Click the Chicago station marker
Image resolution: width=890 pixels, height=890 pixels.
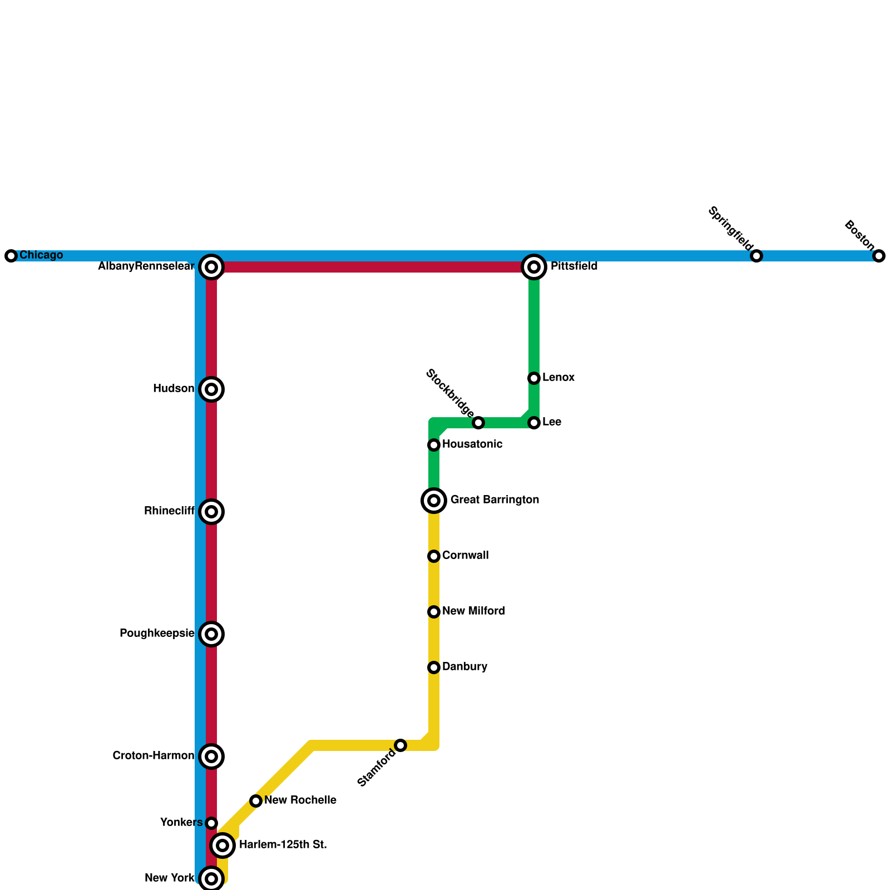point(11,256)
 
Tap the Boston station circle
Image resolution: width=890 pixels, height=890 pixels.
point(879,256)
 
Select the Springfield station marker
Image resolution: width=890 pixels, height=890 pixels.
point(756,256)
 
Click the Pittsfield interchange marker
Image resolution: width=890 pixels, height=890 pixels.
point(534,267)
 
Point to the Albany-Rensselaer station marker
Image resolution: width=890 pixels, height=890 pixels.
point(211,267)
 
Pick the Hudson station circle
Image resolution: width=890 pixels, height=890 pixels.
point(211,389)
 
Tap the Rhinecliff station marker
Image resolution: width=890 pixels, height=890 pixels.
point(211,512)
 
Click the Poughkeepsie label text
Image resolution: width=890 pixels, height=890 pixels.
point(157,634)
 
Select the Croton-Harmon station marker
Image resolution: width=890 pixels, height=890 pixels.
point(211,756)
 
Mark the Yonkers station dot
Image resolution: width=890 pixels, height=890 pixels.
point(211,823)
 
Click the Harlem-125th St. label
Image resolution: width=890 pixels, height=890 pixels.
point(283,845)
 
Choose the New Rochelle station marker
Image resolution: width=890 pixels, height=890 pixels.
point(256,801)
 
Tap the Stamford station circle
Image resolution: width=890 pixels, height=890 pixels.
point(400,745)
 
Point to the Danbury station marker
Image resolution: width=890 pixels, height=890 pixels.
point(434,667)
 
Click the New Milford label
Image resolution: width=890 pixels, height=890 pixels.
point(473,611)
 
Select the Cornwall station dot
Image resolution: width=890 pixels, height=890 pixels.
point(434,556)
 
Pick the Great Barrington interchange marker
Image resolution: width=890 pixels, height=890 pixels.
point(434,501)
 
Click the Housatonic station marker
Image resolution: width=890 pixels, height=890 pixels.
point(434,445)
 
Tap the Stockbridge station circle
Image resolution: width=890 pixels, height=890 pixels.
point(478,423)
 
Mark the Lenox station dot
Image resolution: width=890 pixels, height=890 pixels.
point(534,378)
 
